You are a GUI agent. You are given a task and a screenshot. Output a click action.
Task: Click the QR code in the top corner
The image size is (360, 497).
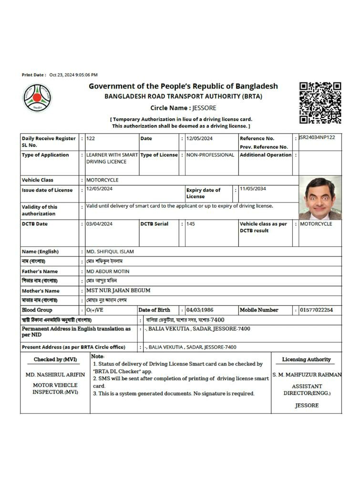320,103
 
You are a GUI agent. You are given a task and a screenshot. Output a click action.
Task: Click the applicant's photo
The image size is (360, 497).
320,198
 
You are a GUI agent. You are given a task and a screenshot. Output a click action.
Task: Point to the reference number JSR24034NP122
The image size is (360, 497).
317,138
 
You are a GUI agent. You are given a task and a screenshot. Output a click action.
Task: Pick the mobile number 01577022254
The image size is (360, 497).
316,310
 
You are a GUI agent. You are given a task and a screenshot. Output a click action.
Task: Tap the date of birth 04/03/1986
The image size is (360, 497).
200,310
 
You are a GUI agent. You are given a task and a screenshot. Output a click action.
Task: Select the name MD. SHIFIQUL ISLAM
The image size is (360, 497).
110,252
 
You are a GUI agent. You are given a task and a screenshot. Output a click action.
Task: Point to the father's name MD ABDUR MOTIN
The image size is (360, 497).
108,271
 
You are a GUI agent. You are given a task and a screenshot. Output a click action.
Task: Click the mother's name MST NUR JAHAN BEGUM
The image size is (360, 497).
118,291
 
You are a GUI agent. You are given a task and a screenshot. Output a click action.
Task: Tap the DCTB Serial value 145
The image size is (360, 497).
191,224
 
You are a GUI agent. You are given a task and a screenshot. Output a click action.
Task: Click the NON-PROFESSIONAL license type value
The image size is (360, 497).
210,155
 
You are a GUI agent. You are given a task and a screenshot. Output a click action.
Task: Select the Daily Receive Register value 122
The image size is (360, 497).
91,139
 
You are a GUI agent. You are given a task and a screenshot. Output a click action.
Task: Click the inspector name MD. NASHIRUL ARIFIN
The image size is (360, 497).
55,375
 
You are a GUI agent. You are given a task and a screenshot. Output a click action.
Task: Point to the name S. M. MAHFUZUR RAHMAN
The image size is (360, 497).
307,375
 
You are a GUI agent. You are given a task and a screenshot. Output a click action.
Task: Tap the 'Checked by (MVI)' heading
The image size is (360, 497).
55,360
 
